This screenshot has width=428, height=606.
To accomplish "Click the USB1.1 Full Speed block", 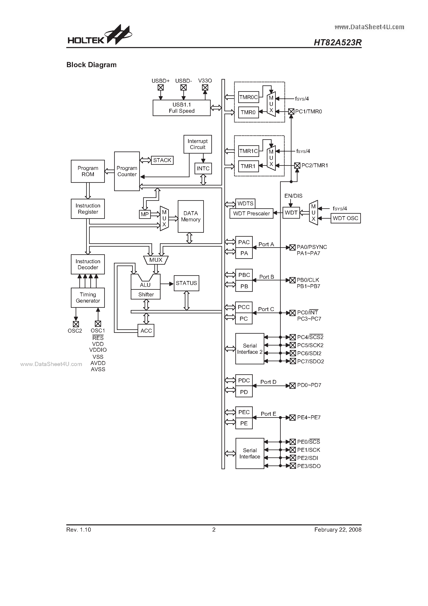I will click(x=181, y=108).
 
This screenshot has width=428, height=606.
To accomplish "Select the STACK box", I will click(x=162, y=160).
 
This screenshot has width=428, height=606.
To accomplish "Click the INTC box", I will click(x=203, y=168).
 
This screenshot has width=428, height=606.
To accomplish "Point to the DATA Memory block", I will click(x=191, y=216).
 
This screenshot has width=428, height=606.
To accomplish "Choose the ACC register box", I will click(x=146, y=331).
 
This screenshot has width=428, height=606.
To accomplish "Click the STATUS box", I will click(x=186, y=283).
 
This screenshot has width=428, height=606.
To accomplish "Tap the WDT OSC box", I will click(x=345, y=218).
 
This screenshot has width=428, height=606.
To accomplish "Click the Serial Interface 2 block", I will click(x=250, y=349).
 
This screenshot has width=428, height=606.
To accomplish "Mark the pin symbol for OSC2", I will click(x=76, y=324).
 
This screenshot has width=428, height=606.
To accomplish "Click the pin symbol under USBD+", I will click(x=160, y=87).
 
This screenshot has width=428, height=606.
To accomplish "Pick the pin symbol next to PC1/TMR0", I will click(x=291, y=112).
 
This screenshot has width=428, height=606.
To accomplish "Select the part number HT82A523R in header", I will click(x=337, y=42).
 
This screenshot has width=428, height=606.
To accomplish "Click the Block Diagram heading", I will click(x=91, y=65).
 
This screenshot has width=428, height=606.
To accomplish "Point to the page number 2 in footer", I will click(x=214, y=530).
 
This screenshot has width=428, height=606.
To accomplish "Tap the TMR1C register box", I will click(x=248, y=151).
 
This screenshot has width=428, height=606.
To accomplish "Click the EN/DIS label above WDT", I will click(x=293, y=196).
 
